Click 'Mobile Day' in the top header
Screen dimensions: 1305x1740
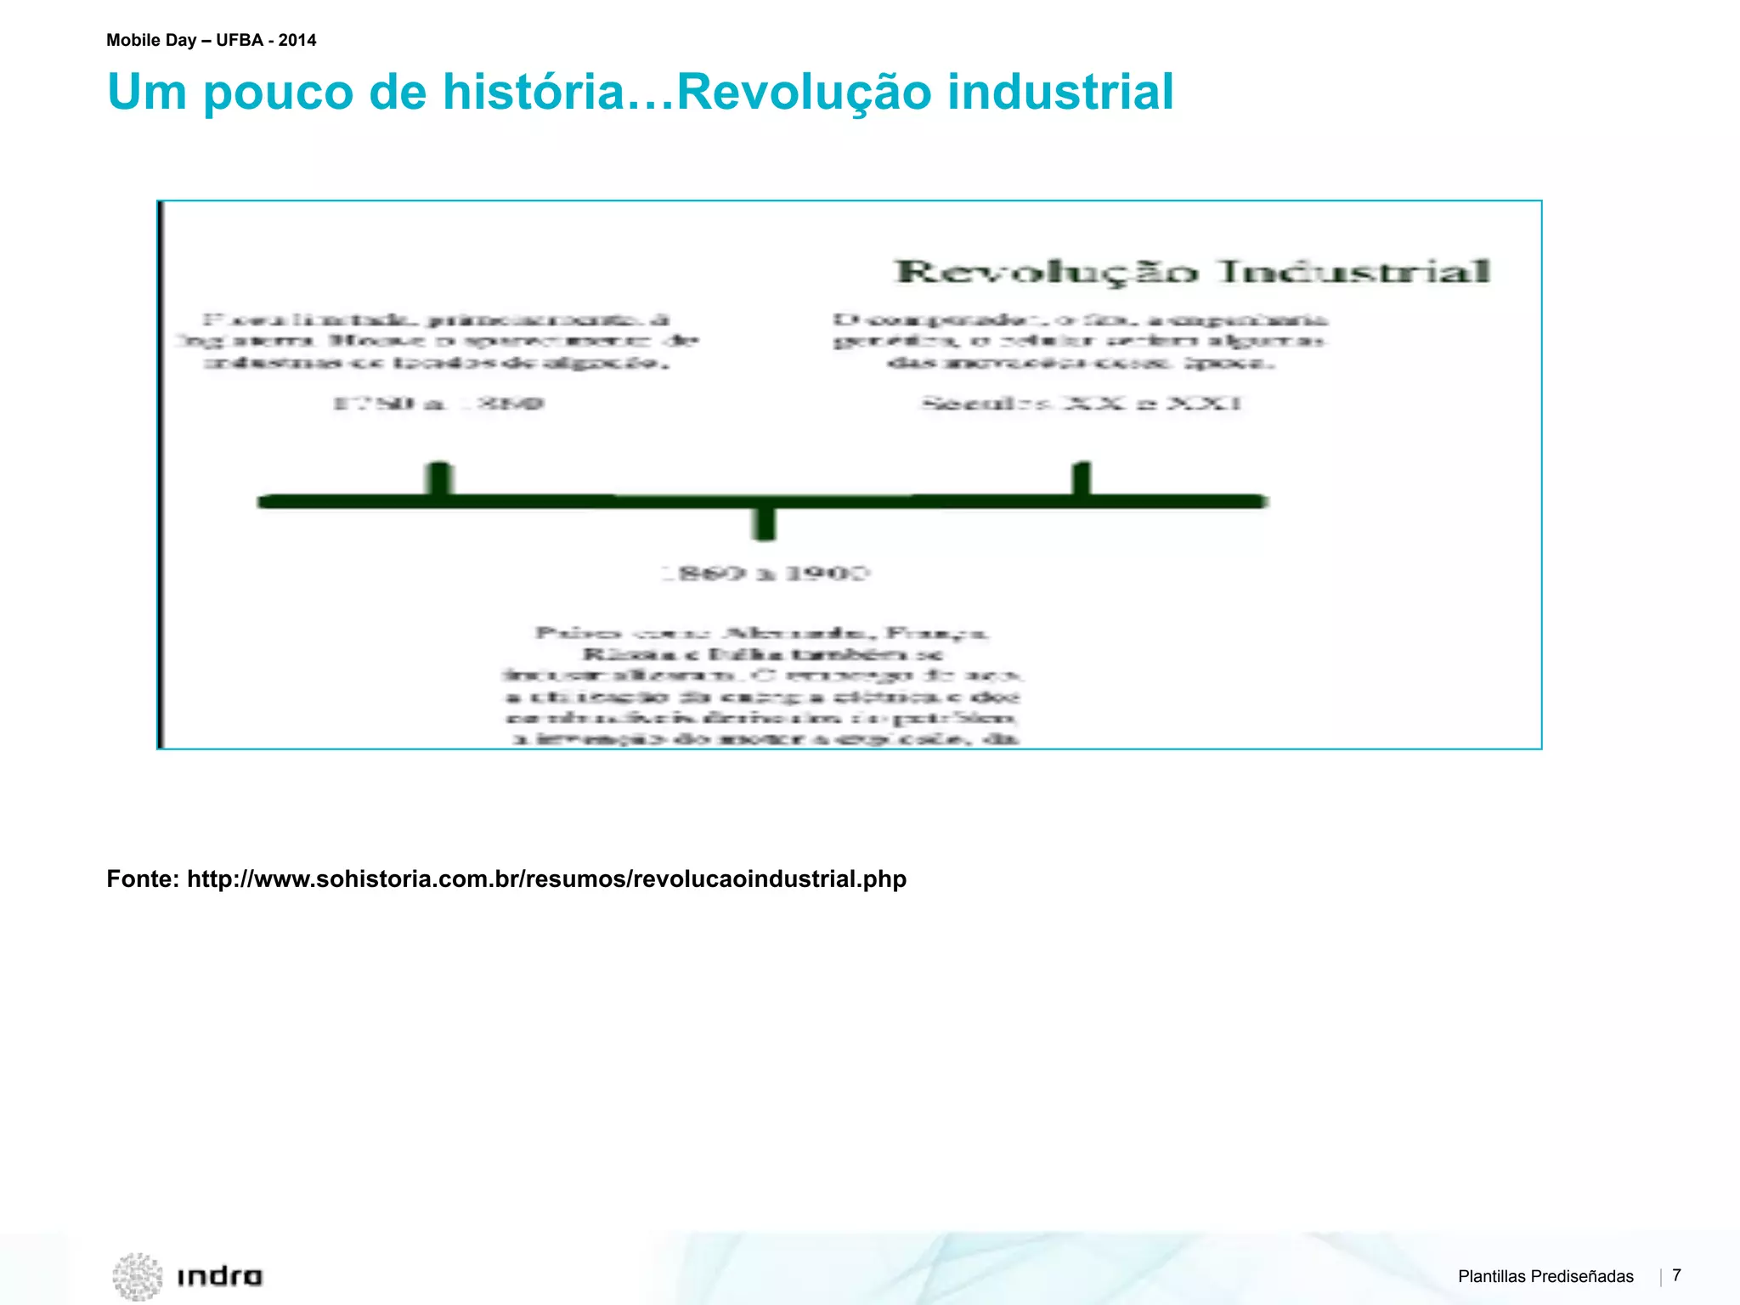pyautogui.click(x=151, y=40)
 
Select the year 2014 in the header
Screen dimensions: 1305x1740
pyautogui.click(x=297, y=40)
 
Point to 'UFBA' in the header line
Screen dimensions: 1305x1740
pyautogui.click(x=240, y=40)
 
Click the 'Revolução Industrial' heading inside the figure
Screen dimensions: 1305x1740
pyautogui.click(x=1193, y=272)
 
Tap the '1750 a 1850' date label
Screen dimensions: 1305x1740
pyautogui.click(x=438, y=403)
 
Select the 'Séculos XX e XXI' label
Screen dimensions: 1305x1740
pyautogui.click(x=1082, y=403)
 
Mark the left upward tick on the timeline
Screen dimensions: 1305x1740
pyautogui.click(x=439, y=477)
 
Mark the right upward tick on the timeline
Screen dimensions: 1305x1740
pyautogui.click(x=1082, y=477)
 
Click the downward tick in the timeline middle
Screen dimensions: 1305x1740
pyautogui.click(x=765, y=522)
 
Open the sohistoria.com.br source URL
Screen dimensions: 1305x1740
pyautogui.click(x=546, y=878)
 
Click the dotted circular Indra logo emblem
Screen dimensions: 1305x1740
pyautogui.click(x=138, y=1276)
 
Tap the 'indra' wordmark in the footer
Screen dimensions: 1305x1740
pyautogui.click(x=219, y=1276)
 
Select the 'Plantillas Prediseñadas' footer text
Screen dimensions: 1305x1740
pyautogui.click(x=1545, y=1276)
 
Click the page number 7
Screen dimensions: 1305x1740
pyautogui.click(x=1676, y=1274)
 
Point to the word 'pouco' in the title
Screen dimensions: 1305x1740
pyautogui.click(x=279, y=92)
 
